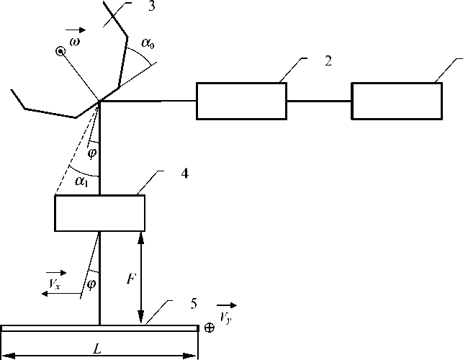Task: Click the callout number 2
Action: [x=328, y=61]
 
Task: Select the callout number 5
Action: [x=193, y=303]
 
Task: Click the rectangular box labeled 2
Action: [x=241, y=101]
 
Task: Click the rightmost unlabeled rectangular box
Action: [x=397, y=101]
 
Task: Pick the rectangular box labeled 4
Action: [x=100, y=213]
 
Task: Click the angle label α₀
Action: [x=148, y=45]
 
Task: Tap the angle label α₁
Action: [x=81, y=183]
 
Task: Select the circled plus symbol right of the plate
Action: [x=210, y=328]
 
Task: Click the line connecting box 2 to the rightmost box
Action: [x=319, y=101]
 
